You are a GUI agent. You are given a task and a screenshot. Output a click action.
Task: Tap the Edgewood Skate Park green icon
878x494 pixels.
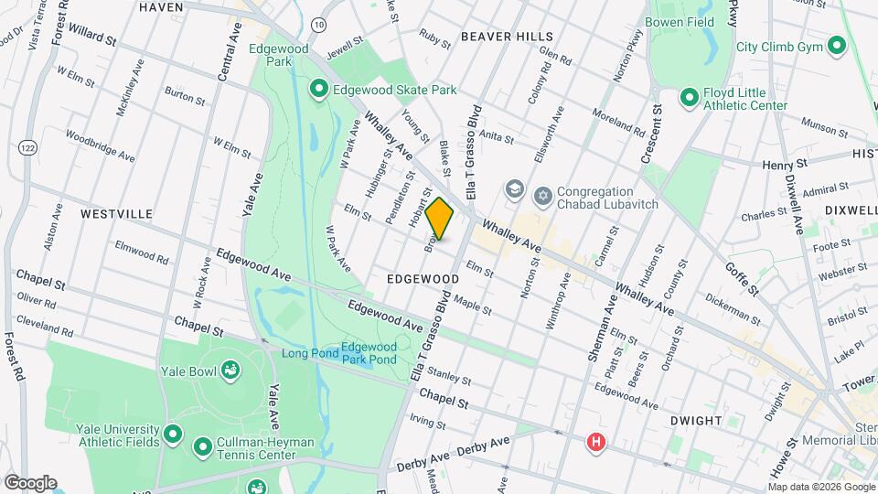318,89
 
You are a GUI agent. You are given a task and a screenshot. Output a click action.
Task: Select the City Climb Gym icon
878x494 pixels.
836,45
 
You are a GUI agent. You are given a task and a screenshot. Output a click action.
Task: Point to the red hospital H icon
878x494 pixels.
596,443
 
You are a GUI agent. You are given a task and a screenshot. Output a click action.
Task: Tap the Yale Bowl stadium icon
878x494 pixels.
231,370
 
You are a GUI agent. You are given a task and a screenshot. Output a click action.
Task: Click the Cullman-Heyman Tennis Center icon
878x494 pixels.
202,447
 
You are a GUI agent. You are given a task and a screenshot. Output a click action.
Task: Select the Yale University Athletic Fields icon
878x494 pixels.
173,432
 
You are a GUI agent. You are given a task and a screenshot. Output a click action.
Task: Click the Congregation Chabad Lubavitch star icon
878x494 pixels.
543,195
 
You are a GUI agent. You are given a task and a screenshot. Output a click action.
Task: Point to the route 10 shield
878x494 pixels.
317,24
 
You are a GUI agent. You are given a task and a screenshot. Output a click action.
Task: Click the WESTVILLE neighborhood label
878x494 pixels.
116,213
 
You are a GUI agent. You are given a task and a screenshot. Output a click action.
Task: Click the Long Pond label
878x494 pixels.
309,353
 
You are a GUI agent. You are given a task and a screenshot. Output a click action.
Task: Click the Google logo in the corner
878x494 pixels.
29,482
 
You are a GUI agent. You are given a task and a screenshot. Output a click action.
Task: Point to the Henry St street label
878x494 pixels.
786,165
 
